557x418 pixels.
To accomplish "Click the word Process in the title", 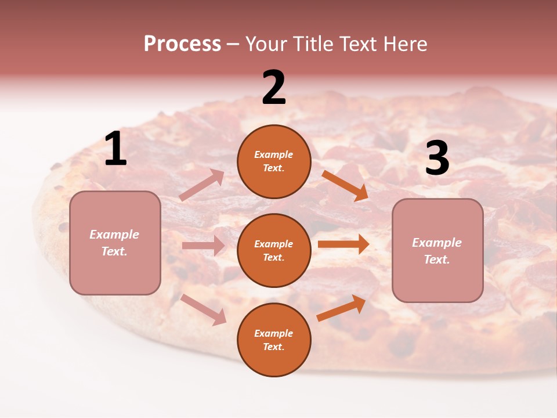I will [182, 44].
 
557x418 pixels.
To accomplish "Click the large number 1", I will [115, 149].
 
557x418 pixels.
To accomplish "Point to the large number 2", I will [274, 88].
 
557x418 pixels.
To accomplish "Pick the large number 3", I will [437, 158].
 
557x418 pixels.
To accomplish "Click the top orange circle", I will [274, 161].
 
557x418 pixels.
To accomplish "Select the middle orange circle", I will [274, 250].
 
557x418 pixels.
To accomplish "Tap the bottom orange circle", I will [274, 340].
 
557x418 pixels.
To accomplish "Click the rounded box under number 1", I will [115, 243].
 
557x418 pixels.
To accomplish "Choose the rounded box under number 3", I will [437, 250].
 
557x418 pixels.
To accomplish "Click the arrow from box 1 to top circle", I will [202, 185].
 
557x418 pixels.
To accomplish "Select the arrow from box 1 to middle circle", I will [203, 246].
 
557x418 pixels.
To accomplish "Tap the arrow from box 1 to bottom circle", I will [204, 309].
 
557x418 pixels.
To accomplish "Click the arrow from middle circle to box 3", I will [343, 244].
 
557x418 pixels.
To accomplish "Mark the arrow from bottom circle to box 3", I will [341, 308].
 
